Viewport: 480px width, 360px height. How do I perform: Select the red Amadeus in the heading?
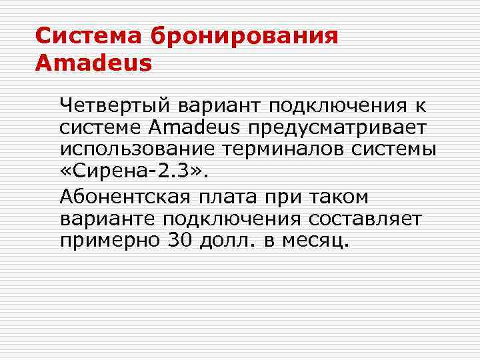click(x=93, y=63)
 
